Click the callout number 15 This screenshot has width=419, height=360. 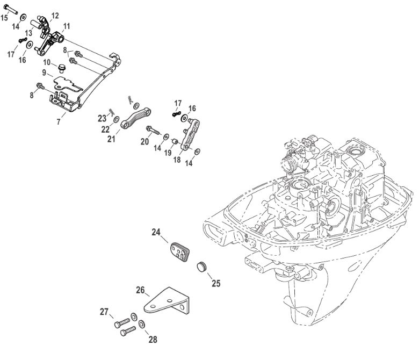coord(4,18)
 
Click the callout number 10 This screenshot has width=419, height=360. coord(47,62)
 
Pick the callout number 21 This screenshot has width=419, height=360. coord(112,139)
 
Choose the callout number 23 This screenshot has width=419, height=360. coord(102,118)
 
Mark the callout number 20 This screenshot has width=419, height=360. coord(144,141)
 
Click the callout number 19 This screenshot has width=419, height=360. coord(168,153)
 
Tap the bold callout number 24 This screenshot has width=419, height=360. coord(156,232)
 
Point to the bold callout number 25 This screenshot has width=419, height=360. coord(215,283)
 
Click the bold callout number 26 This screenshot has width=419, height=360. coord(140,291)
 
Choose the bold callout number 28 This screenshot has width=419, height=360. coord(153,339)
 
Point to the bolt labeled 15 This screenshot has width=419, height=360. coord(13,10)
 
